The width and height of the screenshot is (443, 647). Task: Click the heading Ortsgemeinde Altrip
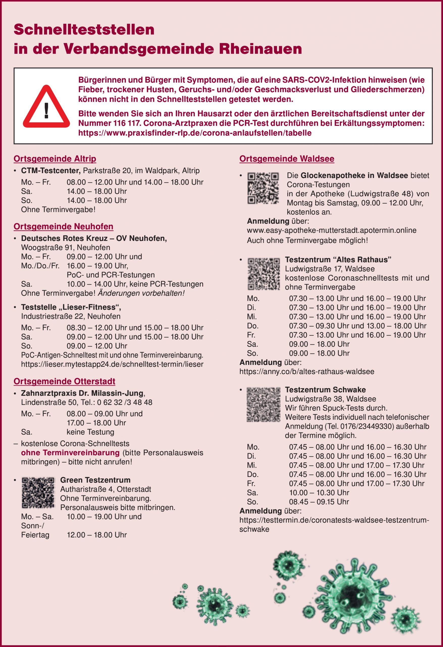tap(55, 159)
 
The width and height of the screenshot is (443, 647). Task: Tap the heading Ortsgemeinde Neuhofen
tap(63, 226)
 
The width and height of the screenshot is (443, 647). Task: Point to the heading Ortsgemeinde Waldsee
tap(287, 159)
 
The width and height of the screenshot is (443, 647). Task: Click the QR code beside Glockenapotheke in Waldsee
tap(263, 188)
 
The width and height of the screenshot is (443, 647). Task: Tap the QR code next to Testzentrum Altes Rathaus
tap(264, 274)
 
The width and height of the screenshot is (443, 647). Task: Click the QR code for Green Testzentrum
tap(38, 493)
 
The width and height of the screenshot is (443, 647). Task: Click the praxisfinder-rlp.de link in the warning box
tap(195, 133)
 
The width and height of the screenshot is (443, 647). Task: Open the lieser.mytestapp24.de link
tap(112, 364)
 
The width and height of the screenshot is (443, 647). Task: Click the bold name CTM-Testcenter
tap(51, 170)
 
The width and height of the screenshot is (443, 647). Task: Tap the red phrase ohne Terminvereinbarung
tap(70, 452)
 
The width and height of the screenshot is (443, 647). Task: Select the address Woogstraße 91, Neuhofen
tap(65, 247)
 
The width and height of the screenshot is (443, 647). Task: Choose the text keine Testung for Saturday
tap(90, 432)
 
